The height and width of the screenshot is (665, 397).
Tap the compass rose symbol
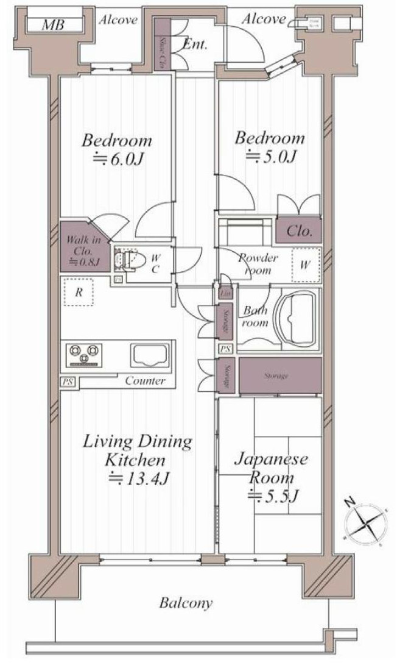[365, 522]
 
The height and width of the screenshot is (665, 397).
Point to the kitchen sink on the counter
[149, 355]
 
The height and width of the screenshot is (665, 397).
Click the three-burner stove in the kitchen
[85, 355]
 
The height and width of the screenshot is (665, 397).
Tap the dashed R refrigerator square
[79, 292]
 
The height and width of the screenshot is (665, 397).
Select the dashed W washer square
[306, 265]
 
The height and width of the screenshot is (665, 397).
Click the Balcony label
[186, 603]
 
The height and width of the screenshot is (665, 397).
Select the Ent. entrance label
[195, 44]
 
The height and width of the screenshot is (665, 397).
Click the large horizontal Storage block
[280, 376]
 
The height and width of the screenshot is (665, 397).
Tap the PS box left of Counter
[65, 382]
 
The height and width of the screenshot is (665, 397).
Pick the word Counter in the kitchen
[145, 381]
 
